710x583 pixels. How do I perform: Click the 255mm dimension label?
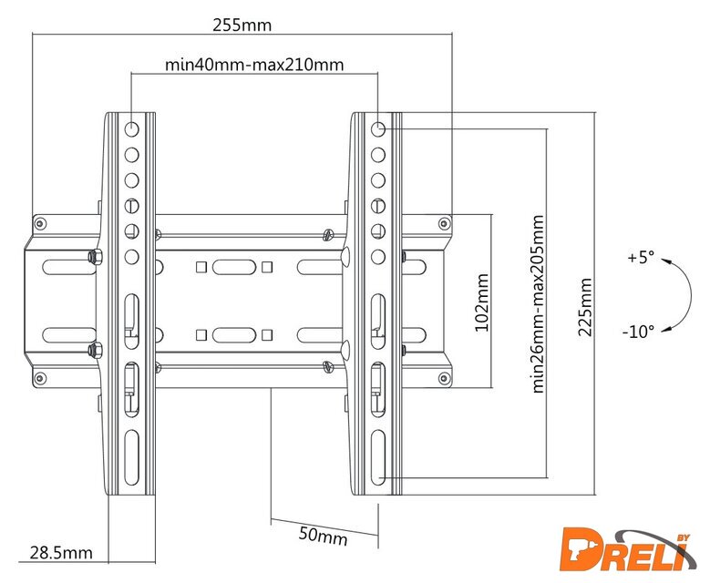[x=242, y=24]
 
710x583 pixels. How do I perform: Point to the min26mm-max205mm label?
[x=538, y=303]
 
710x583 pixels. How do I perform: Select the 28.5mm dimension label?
[x=61, y=551]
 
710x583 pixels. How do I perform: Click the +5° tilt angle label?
[x=641, y=258]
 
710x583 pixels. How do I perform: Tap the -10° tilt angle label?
[x=638, y=332]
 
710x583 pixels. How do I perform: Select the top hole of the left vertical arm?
[x=132, y=128]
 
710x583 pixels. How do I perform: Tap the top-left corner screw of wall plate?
[x=39, y=222]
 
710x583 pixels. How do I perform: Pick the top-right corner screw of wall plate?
[x=443, y=222]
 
